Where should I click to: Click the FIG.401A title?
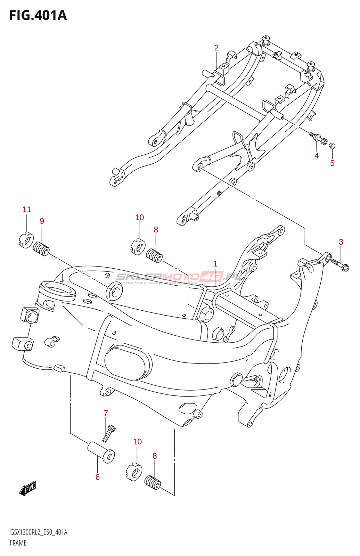click(x=38, y=16)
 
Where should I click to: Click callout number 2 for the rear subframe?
click(x=216, y=48)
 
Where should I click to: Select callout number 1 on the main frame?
click(x=215, y=264)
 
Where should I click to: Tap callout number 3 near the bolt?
click(x=341, y=242)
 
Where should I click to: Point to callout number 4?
click(x=317, y=156)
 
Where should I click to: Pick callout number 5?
click(x=332, y=163)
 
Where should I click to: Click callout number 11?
click(x=27, y=210)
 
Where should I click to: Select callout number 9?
click(x=42, y=221)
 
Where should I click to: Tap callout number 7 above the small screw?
click(x=106, y=413)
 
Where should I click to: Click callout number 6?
click(x=98, y=477)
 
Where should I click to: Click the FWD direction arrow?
click(x=28, y=488)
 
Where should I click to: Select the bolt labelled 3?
click(x=340, y=265)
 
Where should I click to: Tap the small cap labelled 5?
click(x=332, y=146)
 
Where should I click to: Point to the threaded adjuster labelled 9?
click(x=41, y=249)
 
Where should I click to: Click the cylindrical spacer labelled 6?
click(x=101, y=452)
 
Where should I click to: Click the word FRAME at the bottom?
click(x=18, y=543)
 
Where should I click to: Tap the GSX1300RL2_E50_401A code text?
click(x=39, y=532)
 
